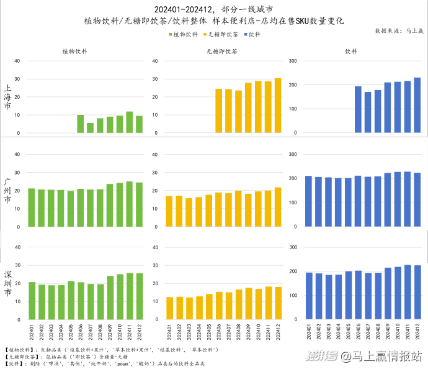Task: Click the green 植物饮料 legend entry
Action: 183,35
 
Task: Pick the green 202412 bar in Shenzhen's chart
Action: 140,296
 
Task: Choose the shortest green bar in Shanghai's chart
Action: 91,127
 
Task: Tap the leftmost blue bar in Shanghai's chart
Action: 358,109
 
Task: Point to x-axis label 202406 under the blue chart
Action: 359,330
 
